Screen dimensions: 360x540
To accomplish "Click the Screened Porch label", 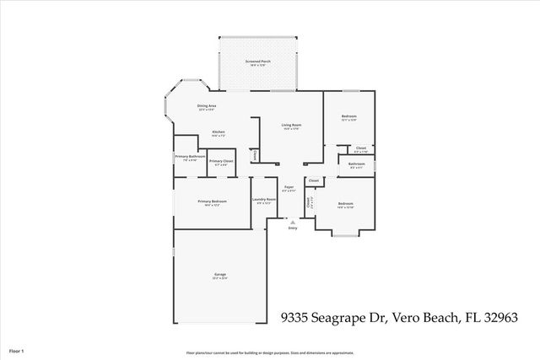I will tap(257, 62).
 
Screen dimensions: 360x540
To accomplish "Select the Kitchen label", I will tap(218, 132).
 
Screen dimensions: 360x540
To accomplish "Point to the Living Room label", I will tap(292, 125).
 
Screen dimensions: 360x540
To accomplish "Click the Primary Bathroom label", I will tap(191, 157).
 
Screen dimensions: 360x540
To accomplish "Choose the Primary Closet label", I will tap(221, 161).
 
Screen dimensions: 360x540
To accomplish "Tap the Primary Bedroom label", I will tap(212, 201).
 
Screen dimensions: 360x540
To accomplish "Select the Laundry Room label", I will tap(264, 200).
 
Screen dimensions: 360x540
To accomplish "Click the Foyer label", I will tap(289, 187).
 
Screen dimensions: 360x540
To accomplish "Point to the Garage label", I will tap(220, 275).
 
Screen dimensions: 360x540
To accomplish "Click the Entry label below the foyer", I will tap(293, 228).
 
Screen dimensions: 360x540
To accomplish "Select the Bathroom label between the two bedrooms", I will tap(356, 164).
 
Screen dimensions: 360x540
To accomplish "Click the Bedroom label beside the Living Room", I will tap(348, 116).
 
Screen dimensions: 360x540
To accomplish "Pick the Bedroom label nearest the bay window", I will tap(346, 204).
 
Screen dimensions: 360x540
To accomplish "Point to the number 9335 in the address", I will tap(294, 318).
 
